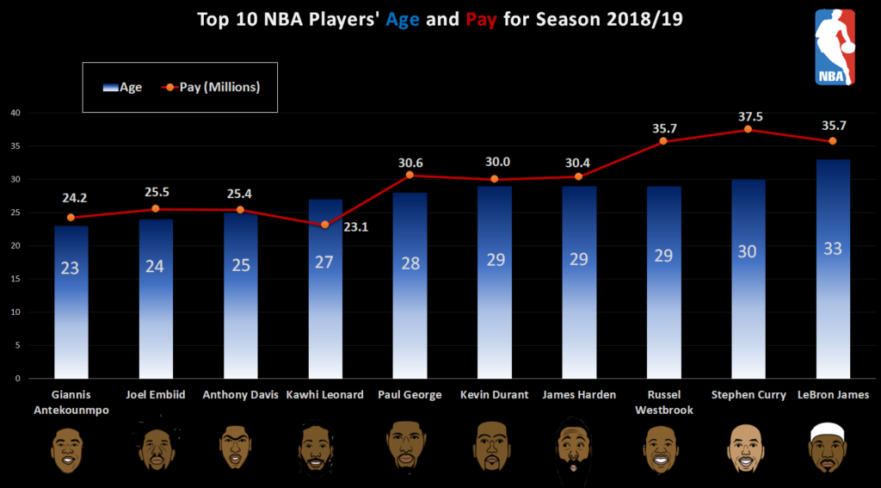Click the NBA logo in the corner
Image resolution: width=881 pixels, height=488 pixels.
click(835, 47)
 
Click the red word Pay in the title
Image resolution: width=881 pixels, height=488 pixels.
click(481, 18)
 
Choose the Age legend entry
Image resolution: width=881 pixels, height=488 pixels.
click(122, 87)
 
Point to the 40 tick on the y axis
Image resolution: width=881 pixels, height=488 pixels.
click(15, 113)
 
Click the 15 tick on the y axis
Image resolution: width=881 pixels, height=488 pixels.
click(15, 279)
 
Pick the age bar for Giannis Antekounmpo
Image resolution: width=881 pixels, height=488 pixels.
click(70, 301)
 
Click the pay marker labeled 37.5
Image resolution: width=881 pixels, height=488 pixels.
click(748, 129)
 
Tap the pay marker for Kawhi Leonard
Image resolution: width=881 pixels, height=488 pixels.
click(324, 225)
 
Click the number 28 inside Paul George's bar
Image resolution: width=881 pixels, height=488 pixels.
click(410, 263)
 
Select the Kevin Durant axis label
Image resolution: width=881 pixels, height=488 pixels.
click(494, 395)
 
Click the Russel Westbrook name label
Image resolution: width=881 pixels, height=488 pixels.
click(663, 402)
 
